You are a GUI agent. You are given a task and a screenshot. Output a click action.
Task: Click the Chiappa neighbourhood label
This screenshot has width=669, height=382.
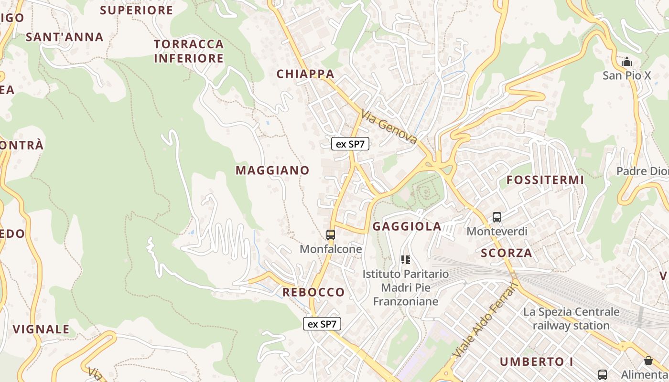click(x=305, y=74)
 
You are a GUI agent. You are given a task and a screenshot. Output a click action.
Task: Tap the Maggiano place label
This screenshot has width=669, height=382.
click(x=272, y=170)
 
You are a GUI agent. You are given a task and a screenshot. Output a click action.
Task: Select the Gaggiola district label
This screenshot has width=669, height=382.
click(x=407, y=226)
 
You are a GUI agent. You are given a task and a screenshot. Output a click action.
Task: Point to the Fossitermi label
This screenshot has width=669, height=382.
click(x=545, y=180)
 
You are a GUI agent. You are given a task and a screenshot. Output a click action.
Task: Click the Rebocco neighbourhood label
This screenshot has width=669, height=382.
click(x=313, y=292)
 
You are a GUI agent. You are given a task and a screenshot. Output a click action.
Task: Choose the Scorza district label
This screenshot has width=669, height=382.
click(x=507, y=253)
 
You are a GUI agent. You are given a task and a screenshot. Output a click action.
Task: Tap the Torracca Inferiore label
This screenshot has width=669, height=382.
click(x=189, y=51)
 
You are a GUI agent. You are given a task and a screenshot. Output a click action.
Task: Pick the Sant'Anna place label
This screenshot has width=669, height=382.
click(x=65, y=37)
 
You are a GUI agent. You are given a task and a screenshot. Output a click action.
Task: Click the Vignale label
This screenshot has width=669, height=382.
click(x=41, y=329)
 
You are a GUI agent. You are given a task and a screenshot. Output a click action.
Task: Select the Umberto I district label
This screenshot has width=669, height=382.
click(x=536, y=362)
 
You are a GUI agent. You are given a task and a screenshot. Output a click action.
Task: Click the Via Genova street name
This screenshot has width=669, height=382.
click(x=389, y=127)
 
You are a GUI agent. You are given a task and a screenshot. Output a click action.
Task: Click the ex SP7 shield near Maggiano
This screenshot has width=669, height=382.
click(x=350, y=144)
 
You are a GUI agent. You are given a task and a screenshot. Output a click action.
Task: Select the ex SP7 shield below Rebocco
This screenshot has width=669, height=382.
click(x=322, y=324)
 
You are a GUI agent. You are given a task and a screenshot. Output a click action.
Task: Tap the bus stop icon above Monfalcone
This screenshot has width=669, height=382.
click(x=331, y=234)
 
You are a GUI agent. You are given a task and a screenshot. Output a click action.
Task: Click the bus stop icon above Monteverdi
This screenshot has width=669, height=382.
click(x=497, y=217)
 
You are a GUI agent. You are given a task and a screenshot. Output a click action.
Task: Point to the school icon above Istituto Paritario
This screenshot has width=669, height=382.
click(x=406, y=260)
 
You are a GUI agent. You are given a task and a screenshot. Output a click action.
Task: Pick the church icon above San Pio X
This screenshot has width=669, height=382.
click(x=626, y=62)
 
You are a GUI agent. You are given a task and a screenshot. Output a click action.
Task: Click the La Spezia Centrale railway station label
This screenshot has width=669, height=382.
click(x=571, y=318)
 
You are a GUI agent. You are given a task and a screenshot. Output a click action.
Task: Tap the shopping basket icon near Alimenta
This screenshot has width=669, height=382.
click(x=648, y=361)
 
